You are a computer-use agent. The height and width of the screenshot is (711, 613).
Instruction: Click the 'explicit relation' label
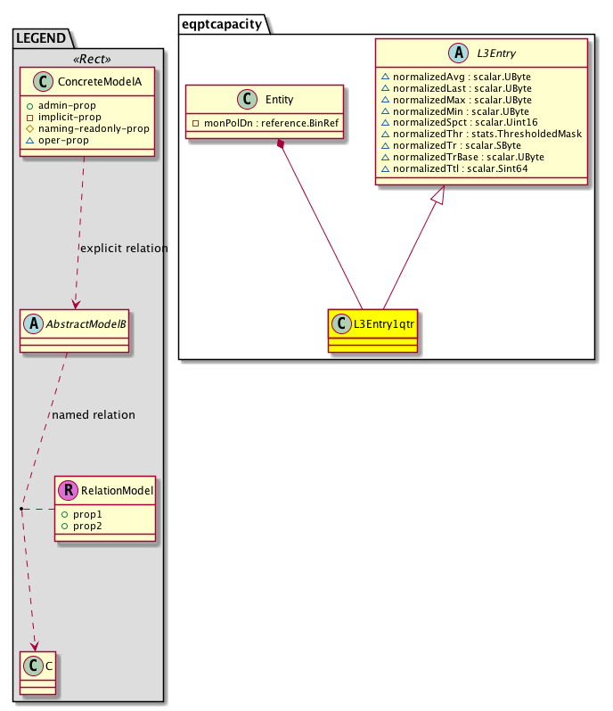[x=124, y=249]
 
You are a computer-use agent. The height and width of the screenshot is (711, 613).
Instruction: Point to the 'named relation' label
[x=94, y=415]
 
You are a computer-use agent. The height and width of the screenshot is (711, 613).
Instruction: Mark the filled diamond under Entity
[x=282, y=144]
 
